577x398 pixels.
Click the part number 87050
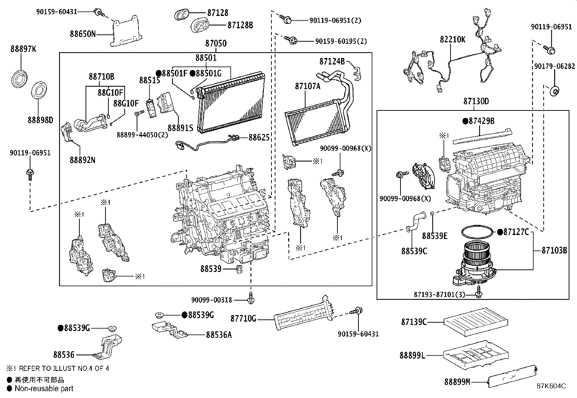pos(216,43)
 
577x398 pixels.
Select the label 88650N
pos(83,34)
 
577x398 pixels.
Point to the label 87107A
pos(308,86)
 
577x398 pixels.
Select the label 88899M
pos(457,382)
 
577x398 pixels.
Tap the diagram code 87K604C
pos(551,386)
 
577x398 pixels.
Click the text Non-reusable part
pos(44,389)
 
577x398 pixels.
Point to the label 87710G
pos(243,319)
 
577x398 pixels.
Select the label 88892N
pos(83,160)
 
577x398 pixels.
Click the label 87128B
pos(240,25)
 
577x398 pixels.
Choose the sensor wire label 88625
pos(259,138)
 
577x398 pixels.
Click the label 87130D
pos(476,101)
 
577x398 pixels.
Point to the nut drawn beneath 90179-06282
pos(554,91)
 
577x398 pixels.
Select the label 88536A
pos(219,335)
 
